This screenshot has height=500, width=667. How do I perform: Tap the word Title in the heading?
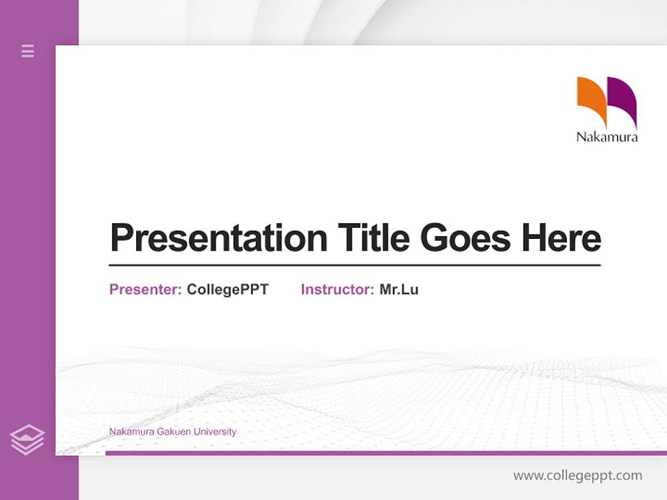(x=373, y=238)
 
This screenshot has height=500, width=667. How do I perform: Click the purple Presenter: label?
(x=145, y=290)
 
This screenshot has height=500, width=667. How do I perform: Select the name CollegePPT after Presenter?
(x=227, y=290)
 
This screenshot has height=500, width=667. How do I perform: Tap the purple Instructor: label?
(x=337, y=290)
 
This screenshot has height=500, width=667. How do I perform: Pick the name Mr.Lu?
(x=399, y=290)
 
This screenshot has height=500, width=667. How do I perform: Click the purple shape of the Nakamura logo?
(x=623, y=101)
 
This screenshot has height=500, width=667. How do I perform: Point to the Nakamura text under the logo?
(x=607, y=137)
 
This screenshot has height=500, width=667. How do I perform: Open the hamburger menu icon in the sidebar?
(x=28, y=51)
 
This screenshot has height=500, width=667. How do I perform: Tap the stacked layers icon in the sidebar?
(x=27, y=440)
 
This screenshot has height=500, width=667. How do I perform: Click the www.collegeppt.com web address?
(x=577, y=476)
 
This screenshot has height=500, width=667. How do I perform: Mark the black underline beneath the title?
(x=354, y=265)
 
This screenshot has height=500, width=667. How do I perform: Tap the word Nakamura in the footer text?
(x=129, y=432)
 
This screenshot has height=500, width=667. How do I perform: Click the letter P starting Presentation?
(x=121, y=238)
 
